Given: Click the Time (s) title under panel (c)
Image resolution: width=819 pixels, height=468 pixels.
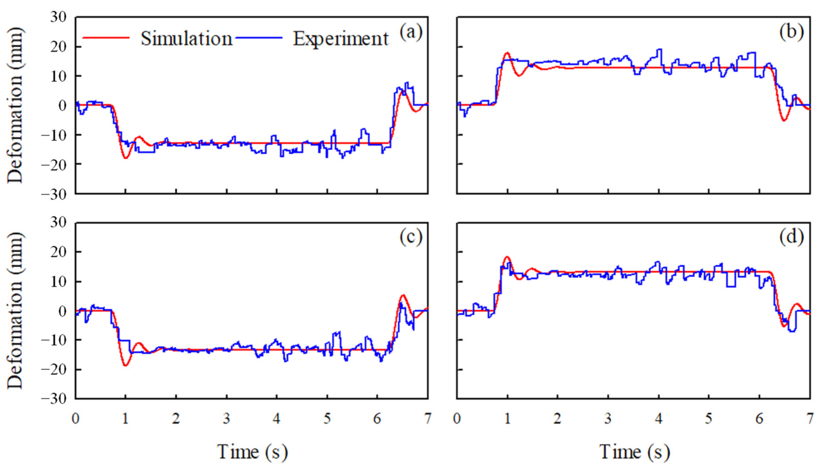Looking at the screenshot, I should tap(252, 452).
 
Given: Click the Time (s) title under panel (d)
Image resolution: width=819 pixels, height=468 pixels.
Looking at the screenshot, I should tap(634, 452).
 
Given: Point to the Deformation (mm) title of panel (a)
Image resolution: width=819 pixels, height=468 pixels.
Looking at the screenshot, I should tap(15, 105).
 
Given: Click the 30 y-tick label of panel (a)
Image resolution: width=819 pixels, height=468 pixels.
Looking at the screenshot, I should tap(58, 17).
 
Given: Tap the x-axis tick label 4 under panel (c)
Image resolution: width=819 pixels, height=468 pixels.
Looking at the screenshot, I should tap(277, 419).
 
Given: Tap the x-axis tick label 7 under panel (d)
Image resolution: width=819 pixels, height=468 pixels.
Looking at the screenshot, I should tap(810, 419).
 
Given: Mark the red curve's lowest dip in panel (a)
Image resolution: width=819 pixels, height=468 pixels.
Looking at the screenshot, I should tap(126, 158).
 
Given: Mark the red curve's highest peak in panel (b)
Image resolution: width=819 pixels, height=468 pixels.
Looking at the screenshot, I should tap(507, 52).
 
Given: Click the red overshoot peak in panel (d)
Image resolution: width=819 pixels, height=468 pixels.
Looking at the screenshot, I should tap(507, 256).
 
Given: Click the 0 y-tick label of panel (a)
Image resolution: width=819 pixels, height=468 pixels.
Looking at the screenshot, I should tap(63, 105).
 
